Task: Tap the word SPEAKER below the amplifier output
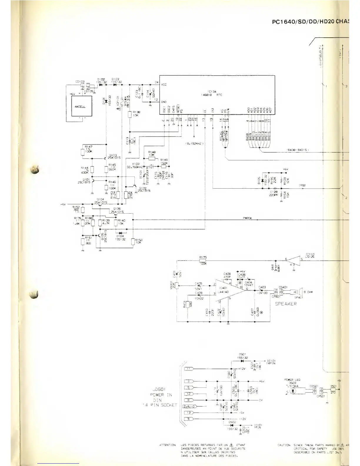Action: click(286, 304)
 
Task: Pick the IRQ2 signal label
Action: click(302, 185)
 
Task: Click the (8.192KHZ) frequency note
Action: click(194, 144)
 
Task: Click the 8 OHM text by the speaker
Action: click(309, 292)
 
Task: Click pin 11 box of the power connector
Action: click(188, 369)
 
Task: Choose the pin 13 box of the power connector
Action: click(188, 413)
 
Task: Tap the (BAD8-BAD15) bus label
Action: click(298, 150)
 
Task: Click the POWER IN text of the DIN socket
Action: click(161, 395)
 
